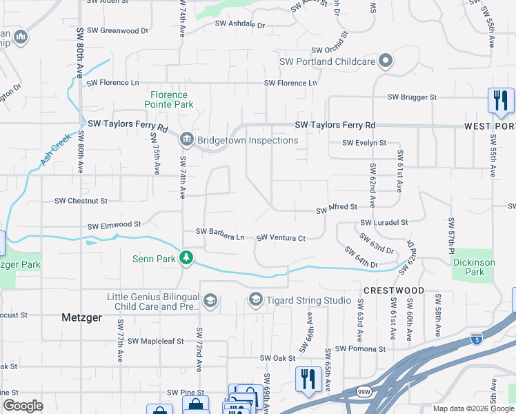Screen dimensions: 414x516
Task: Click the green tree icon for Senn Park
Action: pyautogui.click(x=186, y=258)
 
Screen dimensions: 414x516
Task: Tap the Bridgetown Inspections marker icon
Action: pyautogui.click(x=187, y=140)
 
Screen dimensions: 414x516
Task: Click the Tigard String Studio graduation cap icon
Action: pyautogui.click(x=255, y=299)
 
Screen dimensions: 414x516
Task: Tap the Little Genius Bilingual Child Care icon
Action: pyautogui.click(x=210, y=300)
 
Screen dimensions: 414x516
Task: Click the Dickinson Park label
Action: pyautogui.click(x=473, y=267)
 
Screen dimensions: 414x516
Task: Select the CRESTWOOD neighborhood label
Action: pyautogui.click(x=394, y=290)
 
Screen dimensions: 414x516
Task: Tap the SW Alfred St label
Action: pyautogui.click(x=337, y=207)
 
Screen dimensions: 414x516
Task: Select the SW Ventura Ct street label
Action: pyautogui.click(x=281, y=238)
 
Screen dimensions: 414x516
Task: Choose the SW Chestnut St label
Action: pyautogui.click(x=81, y=201)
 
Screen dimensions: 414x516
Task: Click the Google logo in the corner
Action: pyautogui.click(x=23, y=406)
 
